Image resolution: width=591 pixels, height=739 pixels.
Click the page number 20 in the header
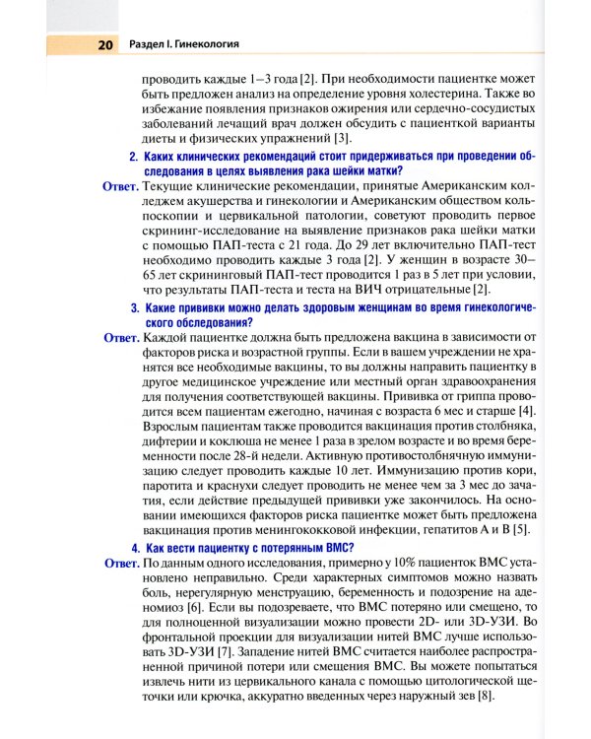point(105,44)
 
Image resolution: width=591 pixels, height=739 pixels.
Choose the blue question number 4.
point(134,548)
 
